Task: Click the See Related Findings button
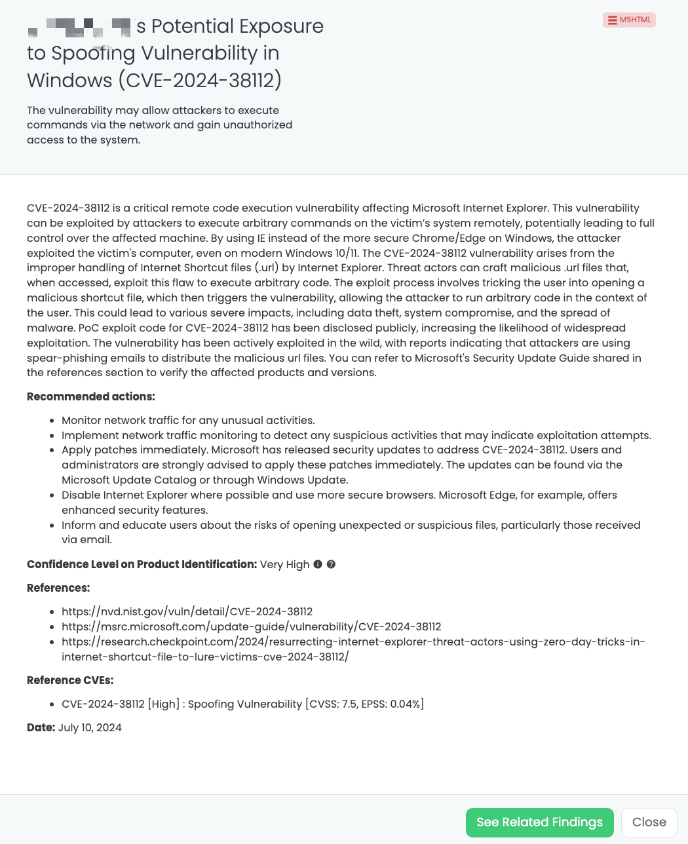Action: point(539,822)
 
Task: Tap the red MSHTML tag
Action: point(629,20)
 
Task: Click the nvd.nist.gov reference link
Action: point(187,611)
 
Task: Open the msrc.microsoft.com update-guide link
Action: point(251,626)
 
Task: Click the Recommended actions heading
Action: point(90,396)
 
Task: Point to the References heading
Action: point(58,588)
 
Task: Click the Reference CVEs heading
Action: point(70,680)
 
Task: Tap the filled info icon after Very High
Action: point(318,564)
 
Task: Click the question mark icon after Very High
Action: point(331,564)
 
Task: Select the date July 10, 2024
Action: point(90,727)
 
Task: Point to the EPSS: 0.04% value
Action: point(392,704)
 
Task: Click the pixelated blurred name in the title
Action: point(79,28)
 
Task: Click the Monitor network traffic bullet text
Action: point(188,420)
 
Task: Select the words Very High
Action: point(284,564)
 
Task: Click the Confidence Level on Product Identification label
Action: point(142,564)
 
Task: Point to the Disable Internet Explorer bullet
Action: point(339,495)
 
